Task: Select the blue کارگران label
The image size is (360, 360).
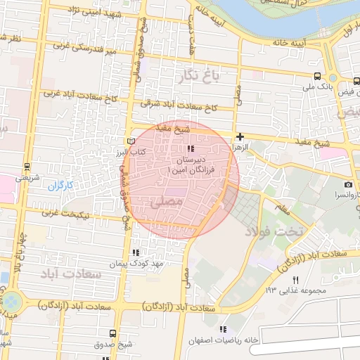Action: pyautogui.click(x=60, y=186)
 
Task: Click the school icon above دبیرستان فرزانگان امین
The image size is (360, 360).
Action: pyautogui.click(x=191, y=148)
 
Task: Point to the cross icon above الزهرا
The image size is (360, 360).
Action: pyautogui.click(x=240, y=137)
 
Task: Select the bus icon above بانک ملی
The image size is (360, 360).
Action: pyautogui.click(x=318, y=77)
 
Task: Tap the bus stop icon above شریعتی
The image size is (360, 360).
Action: pyautogui.click(x=27, y=167)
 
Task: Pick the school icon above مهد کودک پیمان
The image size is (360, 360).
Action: pyautogui.click(x=135, y=252)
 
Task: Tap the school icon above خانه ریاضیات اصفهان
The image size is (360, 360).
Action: pyautogui.click(x=224, y=329)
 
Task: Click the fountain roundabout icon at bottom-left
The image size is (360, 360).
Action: pyautogui.click(x=13, y=303)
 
